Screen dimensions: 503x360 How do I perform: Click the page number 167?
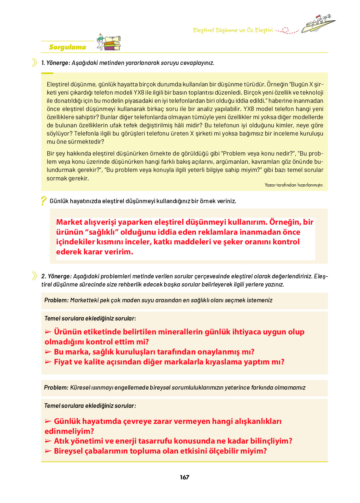(x=184, y=477)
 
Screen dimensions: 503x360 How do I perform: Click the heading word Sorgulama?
(x=67, y=47)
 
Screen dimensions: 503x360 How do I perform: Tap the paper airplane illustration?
(x=318, y=24)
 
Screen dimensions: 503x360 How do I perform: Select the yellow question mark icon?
(x=44, y=201)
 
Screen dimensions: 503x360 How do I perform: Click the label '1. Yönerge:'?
(x=56, y=63)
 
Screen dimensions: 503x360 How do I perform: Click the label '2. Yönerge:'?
(x=56, y=276)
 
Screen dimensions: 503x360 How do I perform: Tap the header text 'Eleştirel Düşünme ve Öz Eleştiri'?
(x=233, y=30)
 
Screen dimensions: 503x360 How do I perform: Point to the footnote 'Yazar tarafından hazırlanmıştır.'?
(x=294, y=185)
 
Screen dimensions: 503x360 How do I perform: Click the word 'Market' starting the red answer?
(x=69, y=222)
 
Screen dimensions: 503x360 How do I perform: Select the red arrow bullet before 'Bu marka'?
(x=48, y=352)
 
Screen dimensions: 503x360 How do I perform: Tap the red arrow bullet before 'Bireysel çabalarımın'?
(x=48, y=451)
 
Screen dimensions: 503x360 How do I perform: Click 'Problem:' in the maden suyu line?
(x=56, y=300)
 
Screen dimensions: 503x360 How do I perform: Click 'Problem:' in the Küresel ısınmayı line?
(x=56, y=387)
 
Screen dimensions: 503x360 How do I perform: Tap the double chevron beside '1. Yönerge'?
(x=35, y=62)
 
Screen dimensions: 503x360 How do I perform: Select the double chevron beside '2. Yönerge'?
(x=35, y=276)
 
